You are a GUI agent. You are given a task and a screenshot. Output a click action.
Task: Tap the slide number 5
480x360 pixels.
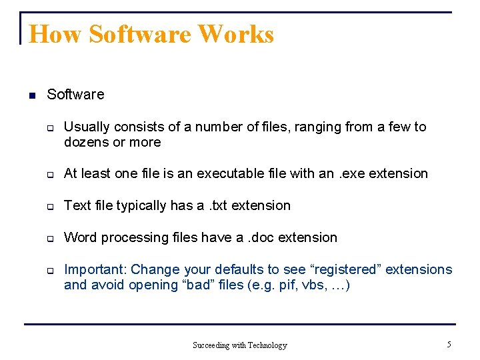click(x=449, y=344)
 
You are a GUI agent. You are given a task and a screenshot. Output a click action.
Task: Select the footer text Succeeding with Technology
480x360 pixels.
click(x=240, y=345)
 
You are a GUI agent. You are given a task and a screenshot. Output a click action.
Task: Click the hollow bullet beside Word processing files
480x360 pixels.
click(x=50, y=238)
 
